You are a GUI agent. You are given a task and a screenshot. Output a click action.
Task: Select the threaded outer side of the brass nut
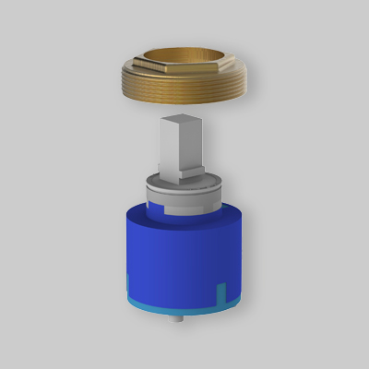tap(184, 97)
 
